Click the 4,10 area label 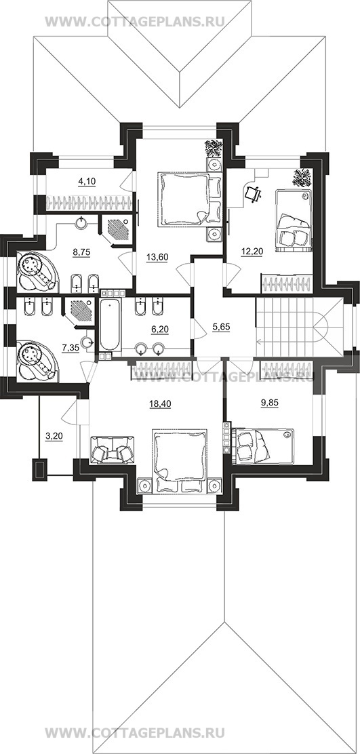tap(87, 181)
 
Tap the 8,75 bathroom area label tap(81, 252)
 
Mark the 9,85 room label tap(270, 404)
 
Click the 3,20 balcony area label tap(54, 437)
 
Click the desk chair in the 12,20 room tap(254, 193)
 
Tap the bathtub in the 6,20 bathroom tap(110, 325)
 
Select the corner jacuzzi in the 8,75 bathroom tap(37, 272)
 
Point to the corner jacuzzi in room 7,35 tap(37, 361)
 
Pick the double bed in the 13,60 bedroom tap(183, 199)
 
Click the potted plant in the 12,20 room tap(302, 177)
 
